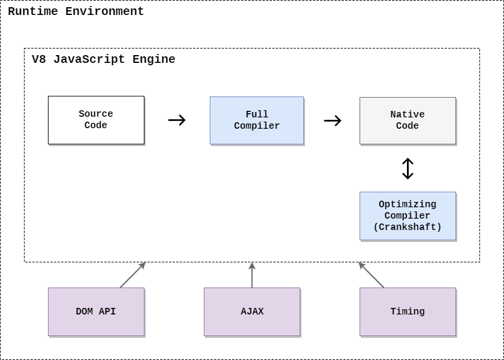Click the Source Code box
pos(96,120)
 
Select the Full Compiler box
pos(256,120)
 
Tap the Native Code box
pos(408,120)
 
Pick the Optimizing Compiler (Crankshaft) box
pos(408,216)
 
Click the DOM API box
pos(96,311)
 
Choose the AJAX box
pos(252,311)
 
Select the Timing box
pos(408,311)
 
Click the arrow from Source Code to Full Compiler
pos(177,120)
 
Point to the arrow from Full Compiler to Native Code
pos(333,120)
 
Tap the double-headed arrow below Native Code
pos(408,168)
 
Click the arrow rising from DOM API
pos(133,275)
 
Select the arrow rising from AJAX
pos(252,275)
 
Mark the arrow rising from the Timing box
pos(371,275)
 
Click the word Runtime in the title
pos(32,11)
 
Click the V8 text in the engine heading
pos(38,59)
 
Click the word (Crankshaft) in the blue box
pos(408,227)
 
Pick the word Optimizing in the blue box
pos(408,204)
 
